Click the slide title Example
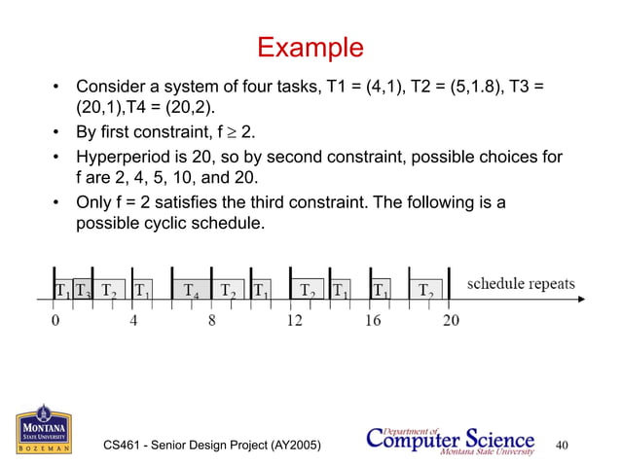[310, 47]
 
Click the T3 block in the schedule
[83, 290]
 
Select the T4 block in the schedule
[192, 290]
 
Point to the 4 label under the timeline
[132, 321]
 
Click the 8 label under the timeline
[211, 321]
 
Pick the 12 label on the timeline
[292, 321]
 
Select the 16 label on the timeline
[372, 321]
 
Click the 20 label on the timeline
[452, 321]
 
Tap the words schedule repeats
[521, 284]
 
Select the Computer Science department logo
[450, 439]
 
